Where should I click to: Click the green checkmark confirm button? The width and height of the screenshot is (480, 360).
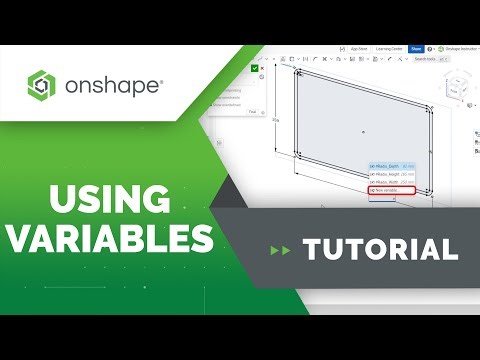tap(256, 68)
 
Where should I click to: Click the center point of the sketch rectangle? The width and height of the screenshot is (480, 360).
tap(363, 131)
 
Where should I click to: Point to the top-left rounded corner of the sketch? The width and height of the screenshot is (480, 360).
tap(298, 73)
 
